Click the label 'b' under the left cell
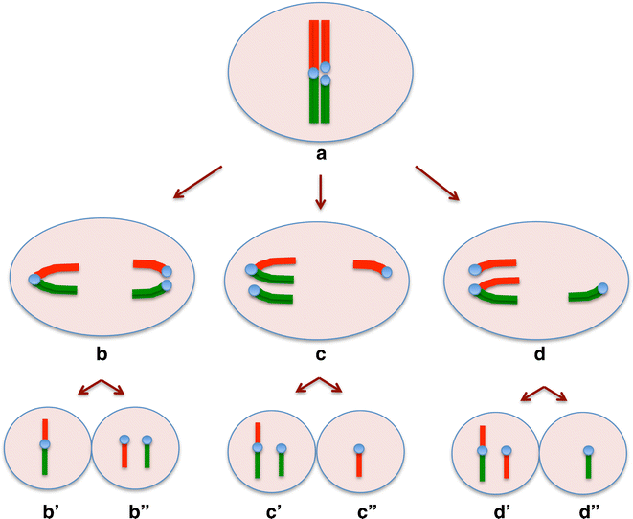pos(102,355)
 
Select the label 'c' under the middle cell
pos(320,355)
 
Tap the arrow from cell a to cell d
pos(437,183)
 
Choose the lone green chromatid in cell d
pos(586,293)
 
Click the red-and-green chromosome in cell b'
pos(44,446)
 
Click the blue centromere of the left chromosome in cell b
pos(35,280)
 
